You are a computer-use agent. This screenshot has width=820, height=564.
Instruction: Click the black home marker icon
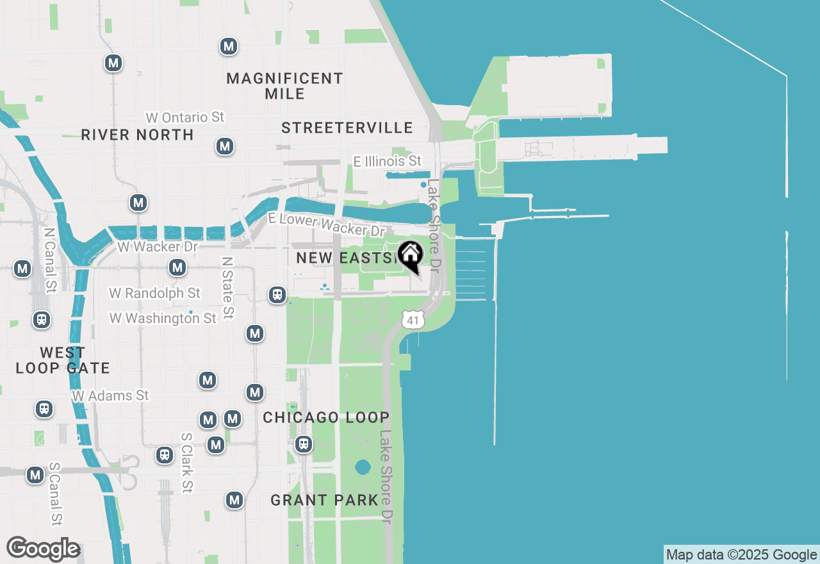tap(410, 255)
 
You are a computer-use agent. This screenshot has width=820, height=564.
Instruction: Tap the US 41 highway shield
tap(413, 319)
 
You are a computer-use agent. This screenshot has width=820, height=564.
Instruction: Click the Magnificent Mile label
tap(285, 86)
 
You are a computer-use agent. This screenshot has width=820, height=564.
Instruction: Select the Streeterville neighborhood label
tap(347, 128)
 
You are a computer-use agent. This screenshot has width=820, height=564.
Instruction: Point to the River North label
tap(138, 135)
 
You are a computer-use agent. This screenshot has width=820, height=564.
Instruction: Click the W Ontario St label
tap(185, 117)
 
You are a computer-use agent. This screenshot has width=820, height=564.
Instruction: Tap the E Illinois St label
tap(388, 161)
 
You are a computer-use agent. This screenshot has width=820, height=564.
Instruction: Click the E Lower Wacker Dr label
tap(327, 224)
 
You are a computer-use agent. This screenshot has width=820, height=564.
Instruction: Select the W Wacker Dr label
tap(158, 246)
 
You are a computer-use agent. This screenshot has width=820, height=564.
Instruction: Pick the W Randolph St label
tap(154, 293)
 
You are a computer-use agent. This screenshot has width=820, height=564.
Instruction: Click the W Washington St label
tap(163, 318)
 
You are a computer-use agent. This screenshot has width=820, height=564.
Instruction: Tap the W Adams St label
tap(110, 395)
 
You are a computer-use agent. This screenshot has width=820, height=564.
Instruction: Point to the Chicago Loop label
tap(326, 418)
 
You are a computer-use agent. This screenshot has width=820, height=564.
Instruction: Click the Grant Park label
tap(324, 500)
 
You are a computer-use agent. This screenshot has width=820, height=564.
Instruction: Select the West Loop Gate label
tap(63, 360)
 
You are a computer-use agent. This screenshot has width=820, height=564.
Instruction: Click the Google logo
tap(43, 549)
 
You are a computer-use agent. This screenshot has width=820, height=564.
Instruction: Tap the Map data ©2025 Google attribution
tap(741, 555)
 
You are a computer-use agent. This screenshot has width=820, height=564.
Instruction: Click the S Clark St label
tap(187, 463)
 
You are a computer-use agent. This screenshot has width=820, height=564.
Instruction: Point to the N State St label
tap(227, 288)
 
